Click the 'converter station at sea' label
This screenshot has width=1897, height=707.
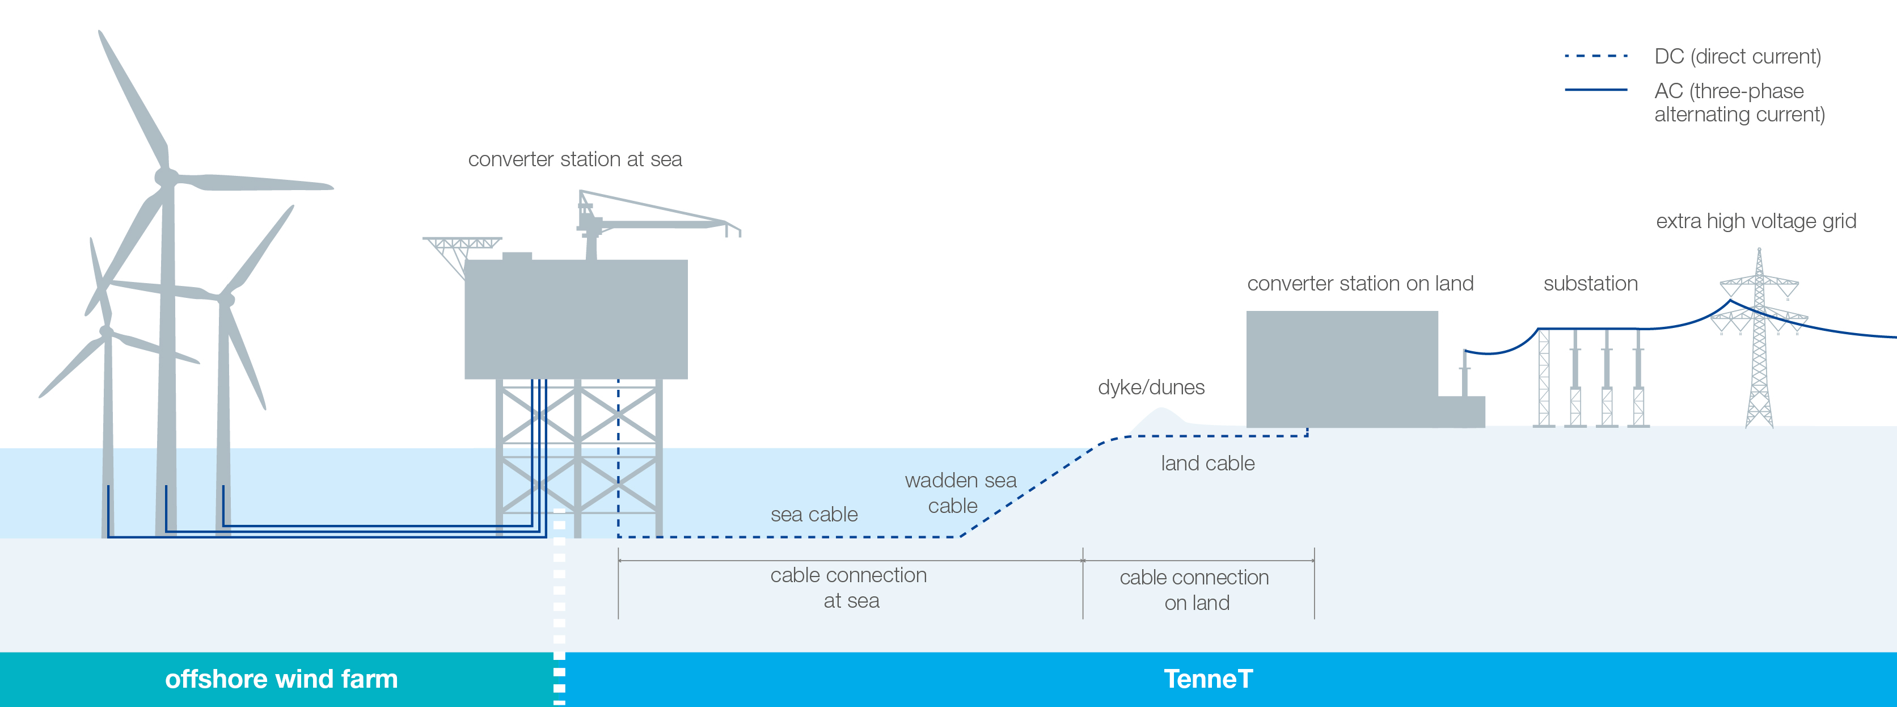pyautogui.click(x=575, y=159)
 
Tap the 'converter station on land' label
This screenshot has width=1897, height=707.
pyautogui.click(x=1360, y=284)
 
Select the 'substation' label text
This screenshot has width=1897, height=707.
pyautogui.click(x=1591, y=284)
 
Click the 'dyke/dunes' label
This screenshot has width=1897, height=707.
pyautogui.click(x=1151, y=388)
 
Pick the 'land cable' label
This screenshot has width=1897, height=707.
pyautogui.click(x=1208, y=463)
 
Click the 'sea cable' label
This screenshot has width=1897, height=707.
pyautogui.click(x=814, y=514)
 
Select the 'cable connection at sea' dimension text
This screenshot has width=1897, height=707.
pyautogui.click(x=848, y=588)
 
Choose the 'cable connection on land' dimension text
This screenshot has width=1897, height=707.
pyautogui.click(x=1194, y=590)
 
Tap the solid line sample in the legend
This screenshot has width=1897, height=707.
pyautogui.click(x=1596, y=90)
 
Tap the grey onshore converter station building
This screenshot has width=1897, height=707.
pyautogui.click(x=1342, y=369)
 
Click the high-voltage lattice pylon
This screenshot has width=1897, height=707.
pyautogui.click(x=1759, y=339)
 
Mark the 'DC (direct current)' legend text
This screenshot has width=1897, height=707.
pyautogui.click(x=1737, y=57)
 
